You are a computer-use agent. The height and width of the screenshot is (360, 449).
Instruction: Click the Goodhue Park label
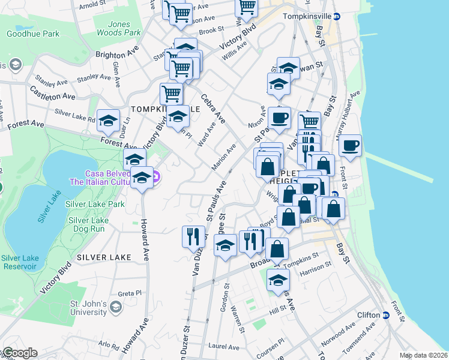[33, 34]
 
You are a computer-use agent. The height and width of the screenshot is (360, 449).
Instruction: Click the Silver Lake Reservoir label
[20, 262]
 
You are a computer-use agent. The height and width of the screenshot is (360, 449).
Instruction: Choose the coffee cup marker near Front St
[350, 146]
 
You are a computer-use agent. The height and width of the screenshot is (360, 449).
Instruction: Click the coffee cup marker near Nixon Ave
[278, 118]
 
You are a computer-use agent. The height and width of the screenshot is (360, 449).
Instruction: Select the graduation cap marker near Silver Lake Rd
[107, 121]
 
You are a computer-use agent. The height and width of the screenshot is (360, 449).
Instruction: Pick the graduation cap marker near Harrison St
[278, 280]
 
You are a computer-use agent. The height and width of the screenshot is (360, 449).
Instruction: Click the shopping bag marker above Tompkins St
[277, 248]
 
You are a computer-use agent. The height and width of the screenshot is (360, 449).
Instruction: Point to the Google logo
[19, 353]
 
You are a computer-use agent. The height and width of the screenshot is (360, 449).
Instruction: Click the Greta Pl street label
[128, 293]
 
